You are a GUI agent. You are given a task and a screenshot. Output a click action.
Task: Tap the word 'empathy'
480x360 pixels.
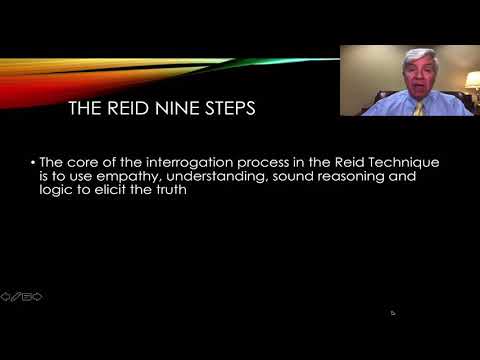[x=114, y=176]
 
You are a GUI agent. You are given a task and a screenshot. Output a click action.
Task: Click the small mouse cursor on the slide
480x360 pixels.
[x=392, y=312]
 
